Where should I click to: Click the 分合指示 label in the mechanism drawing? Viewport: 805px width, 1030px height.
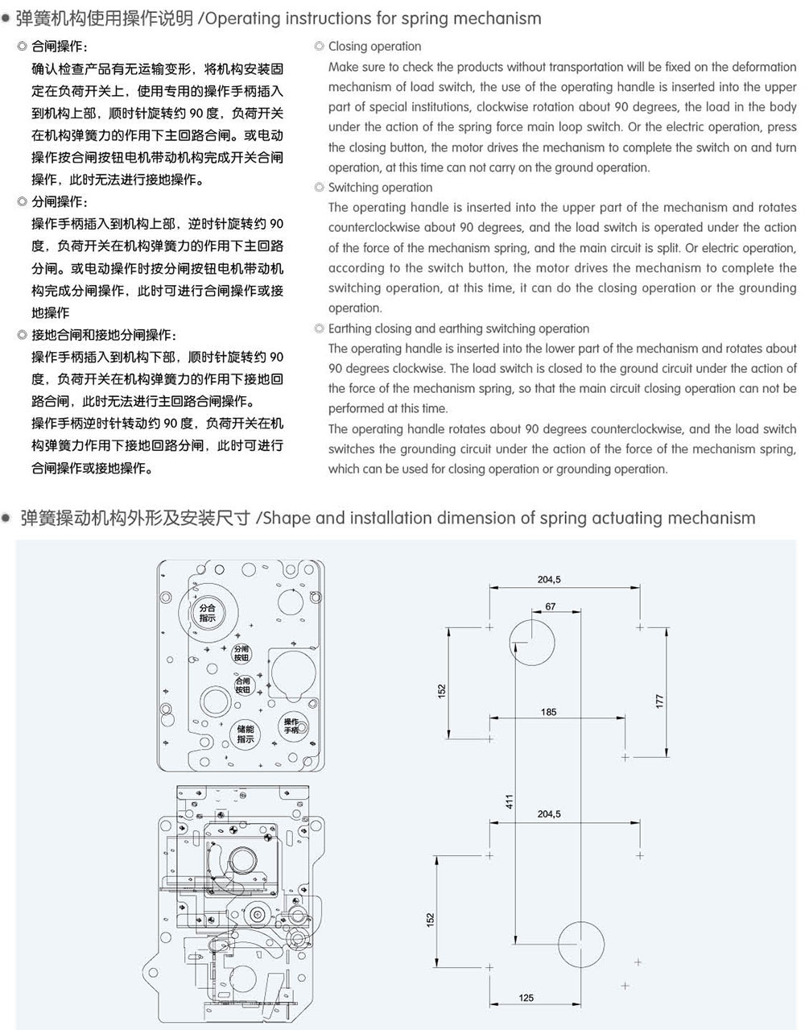point(208,613)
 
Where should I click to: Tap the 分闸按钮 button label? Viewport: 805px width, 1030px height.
point(242,653)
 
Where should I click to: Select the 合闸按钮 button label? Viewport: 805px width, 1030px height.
point(242,685)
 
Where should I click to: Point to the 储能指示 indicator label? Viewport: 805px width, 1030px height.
point(246,734)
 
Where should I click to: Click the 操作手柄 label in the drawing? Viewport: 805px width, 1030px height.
point(291,726)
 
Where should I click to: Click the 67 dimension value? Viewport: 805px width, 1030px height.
point(550,606)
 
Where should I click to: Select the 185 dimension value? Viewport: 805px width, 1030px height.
point(548,712)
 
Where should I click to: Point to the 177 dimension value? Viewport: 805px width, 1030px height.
point(659,701)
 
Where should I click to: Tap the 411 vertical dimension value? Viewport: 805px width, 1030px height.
point(509,801)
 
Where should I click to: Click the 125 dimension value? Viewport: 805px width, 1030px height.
point(526,998)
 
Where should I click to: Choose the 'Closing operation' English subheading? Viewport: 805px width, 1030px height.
point(374,47)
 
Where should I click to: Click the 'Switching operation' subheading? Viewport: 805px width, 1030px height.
point(380,188)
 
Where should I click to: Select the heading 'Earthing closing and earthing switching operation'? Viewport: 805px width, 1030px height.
point(459,329)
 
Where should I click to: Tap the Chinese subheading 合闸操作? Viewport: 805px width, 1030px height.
point(60,47)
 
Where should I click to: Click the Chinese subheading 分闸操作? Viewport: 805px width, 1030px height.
point(60,201)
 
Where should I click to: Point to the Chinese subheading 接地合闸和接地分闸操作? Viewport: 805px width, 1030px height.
point(104,335)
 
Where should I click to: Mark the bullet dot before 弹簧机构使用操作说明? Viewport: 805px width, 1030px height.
point(6,19)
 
